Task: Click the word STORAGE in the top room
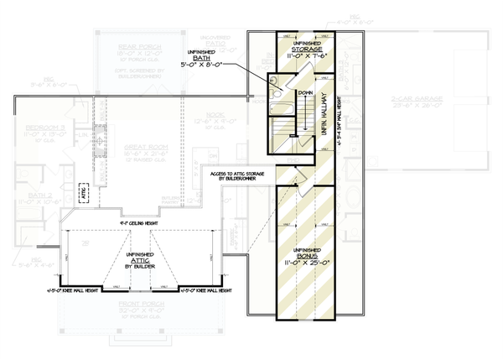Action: click(x=306, y=50)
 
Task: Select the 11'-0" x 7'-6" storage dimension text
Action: click(x=306, y=59)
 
